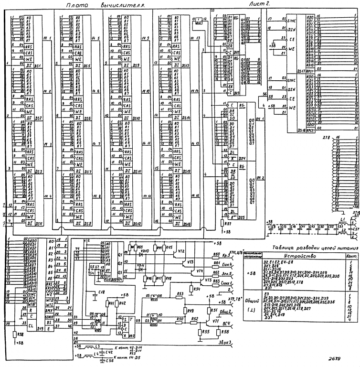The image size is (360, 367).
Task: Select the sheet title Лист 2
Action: tap(260, 4)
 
